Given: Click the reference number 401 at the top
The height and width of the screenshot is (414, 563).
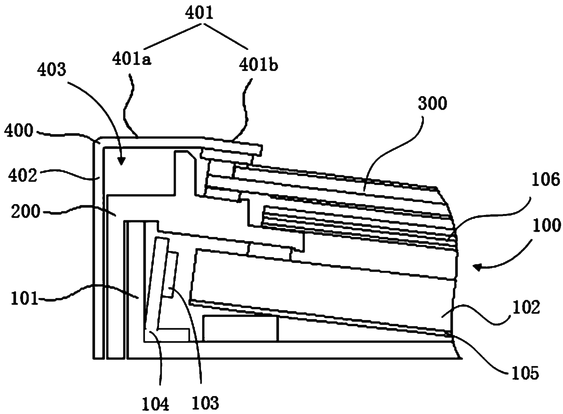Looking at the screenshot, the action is pyautogui.click(x=199, y=13).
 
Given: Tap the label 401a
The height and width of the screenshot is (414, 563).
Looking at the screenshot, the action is pyautogui.click(x=132, y=59).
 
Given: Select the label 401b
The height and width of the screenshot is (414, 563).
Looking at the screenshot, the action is pyautogui.click(x=258, y=65).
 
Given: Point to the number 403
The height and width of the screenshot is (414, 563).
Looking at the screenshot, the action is pyautogui.click(x=51, y=69).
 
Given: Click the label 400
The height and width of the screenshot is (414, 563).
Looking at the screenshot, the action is pyautogui.click(x=19, y=131).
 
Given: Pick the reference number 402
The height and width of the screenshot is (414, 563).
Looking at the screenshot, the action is pyautogui.click(x=23, y=175).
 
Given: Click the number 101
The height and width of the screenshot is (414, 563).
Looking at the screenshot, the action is pyautogui.click(x=24, y=299).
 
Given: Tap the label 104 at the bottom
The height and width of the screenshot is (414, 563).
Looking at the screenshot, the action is pyautogui.click(x=155, y=404).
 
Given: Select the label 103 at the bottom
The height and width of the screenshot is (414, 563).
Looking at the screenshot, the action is pyautogui.click(x=205, y=402).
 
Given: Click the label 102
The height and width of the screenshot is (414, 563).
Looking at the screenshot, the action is pyautogui.click(x=526, y=307).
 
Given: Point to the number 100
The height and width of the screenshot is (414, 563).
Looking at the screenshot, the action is pyautogui.click(x=546, y=225).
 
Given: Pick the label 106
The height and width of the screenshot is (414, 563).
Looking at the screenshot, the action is pyautogui.click(x=546, y=180).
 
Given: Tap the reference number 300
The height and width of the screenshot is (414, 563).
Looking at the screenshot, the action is pyautogui.click(x=433, y=103).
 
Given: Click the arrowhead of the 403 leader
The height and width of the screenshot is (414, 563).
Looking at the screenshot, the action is pyautogui.click(x=121, y=161).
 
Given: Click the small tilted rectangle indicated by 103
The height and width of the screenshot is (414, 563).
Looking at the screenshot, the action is pyautogui.click(x=170, y=275).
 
